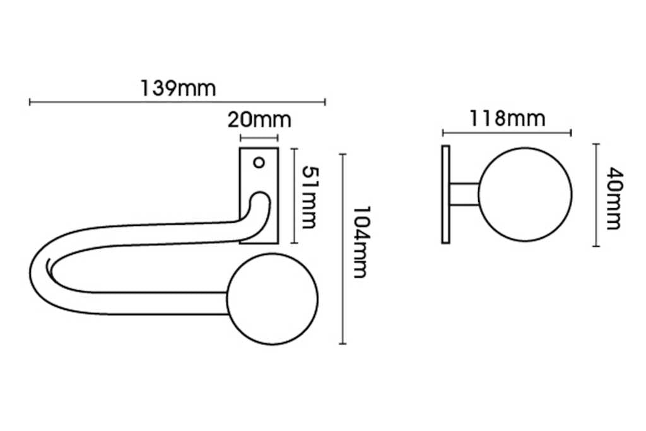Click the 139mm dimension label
[x=177, y=88]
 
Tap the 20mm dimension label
[x=259, y=119]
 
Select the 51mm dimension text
[x=308, y=198]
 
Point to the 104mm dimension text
[x=359, y=242]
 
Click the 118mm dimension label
[x=506, y=118]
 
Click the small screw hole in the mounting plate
[x=258, y=162]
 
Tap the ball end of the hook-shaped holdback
[x=272, y=300]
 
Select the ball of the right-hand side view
[x=525, y=194]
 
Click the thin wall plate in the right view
[x=446, y=194]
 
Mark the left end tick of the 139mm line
[x=30, y=102]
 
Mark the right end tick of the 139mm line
[x=325, y=102]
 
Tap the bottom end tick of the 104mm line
[x=343, y=343]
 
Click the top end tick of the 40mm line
[x=596, y=144]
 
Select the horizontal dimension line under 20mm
[x=259, y=138]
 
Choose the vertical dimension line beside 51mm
[x=293, y=196]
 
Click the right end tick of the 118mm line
[x=570, y=133]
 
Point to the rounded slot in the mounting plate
[x=257, y=208]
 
